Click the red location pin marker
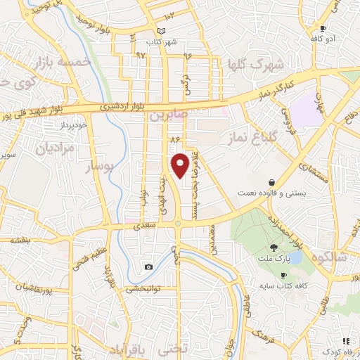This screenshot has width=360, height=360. (x=181, y=165)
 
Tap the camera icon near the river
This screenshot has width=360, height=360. (x=148, y=266)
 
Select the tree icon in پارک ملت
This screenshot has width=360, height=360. (x=273, y=247)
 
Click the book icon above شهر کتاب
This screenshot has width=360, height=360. (x=162, y=31)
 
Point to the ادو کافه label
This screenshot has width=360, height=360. (x=326, y=38)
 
